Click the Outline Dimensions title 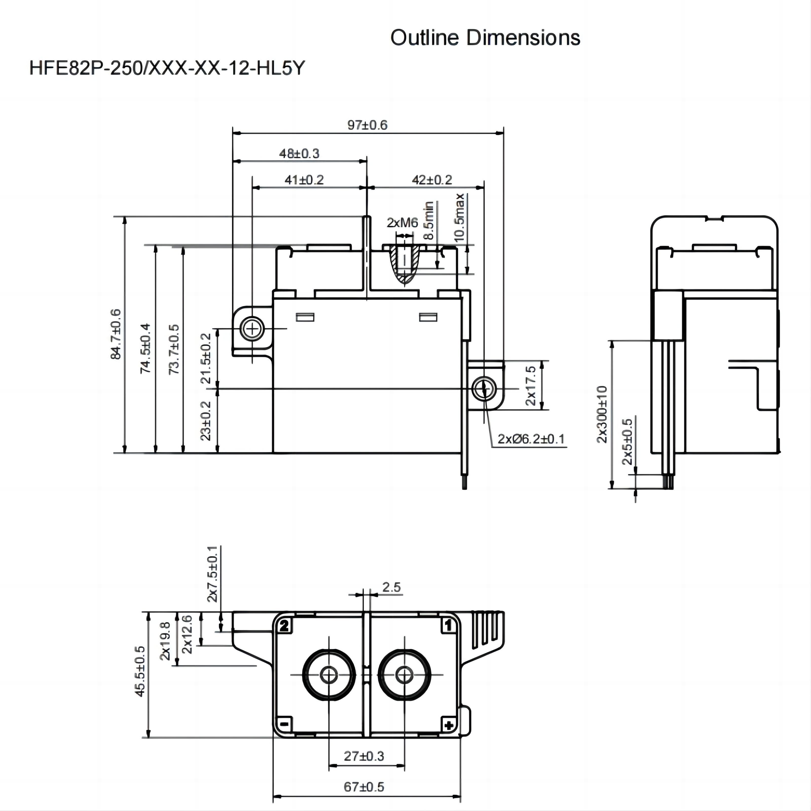485,38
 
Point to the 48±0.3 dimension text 299,154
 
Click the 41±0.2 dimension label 304,180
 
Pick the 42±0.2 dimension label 432,180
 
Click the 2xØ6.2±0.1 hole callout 531,439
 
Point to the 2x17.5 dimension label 531,385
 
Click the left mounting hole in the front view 252,329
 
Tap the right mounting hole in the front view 484,388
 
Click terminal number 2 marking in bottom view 284,626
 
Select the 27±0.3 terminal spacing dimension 364,756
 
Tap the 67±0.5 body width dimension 364,787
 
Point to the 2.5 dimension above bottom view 391,587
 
